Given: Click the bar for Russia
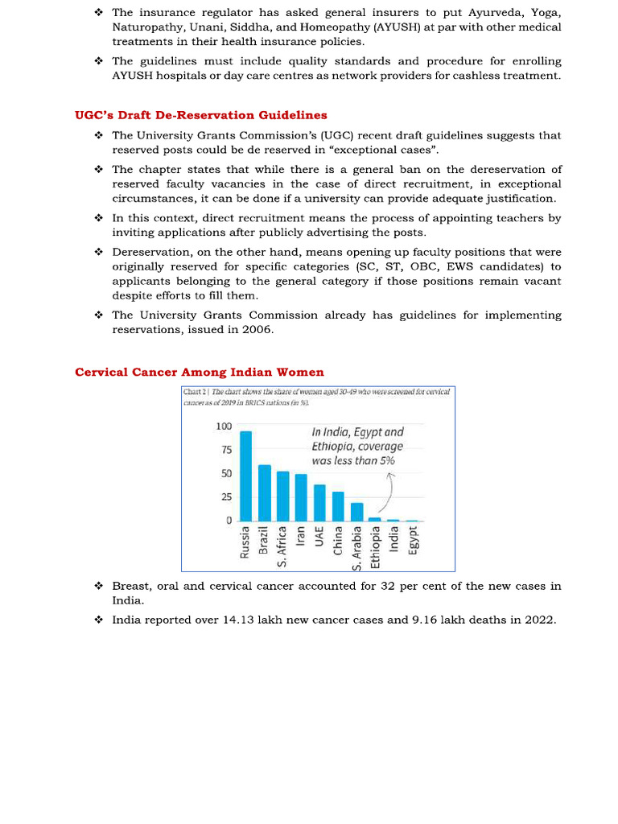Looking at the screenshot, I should (x=245, y=476).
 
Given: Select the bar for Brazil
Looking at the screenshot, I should (x=264, y=493).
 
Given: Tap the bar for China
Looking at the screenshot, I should (x=338, y=506).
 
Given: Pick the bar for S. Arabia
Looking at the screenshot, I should (x=356, y=512).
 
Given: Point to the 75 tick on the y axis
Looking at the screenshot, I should (x=226, y=450).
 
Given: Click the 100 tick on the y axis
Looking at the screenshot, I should (x=224, y=426).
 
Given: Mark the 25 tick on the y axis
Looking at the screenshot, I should (x=226, y=497).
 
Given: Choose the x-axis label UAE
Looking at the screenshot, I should (x=319, y=537).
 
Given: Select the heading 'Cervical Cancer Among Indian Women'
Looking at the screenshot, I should (x=200, y=372).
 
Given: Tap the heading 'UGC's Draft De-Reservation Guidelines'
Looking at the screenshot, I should (x=201, y=115).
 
